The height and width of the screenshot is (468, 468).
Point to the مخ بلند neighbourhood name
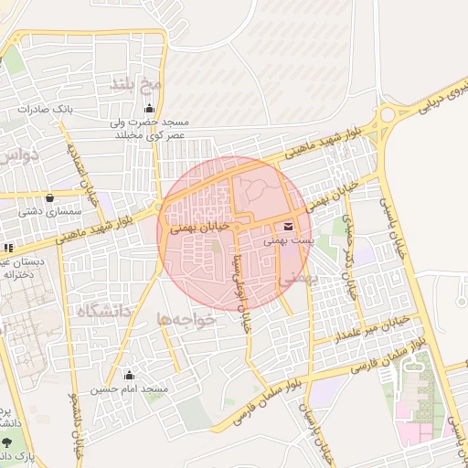(135, 85)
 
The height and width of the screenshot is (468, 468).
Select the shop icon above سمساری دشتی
(48, 197)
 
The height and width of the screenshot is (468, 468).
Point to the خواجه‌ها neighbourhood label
(185, 320)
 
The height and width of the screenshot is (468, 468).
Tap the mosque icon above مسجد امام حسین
(128, 375)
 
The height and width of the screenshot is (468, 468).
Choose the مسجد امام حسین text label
(129, 389)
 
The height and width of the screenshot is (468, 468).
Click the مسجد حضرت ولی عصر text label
(148, 128)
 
